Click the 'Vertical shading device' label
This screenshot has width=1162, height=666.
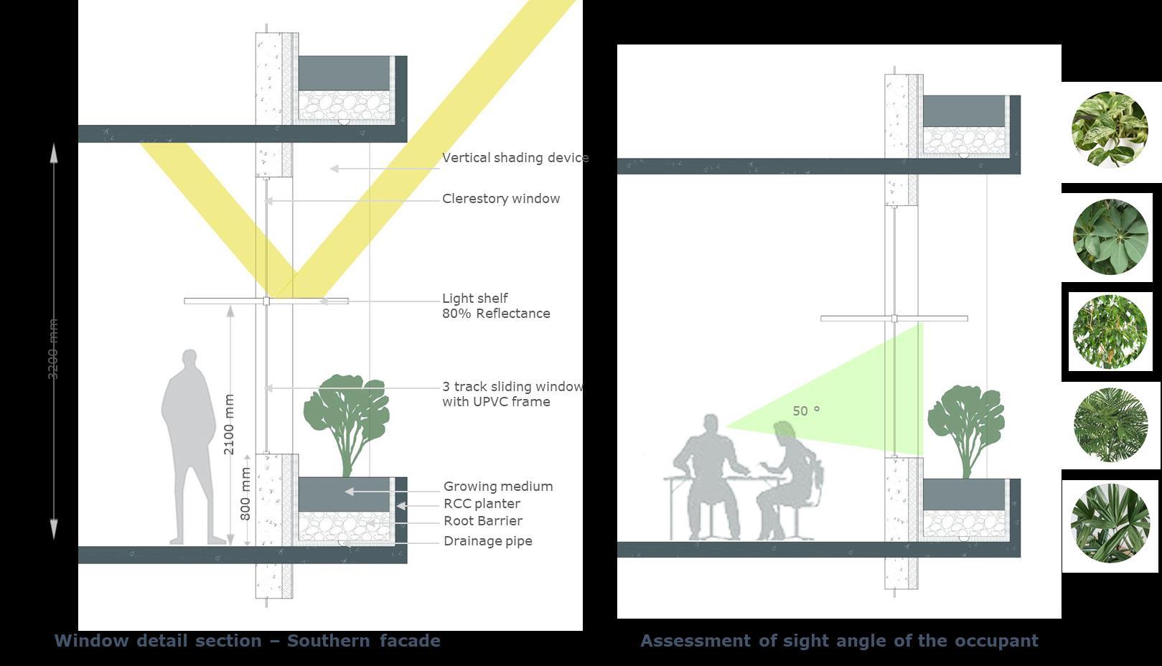point(515,158)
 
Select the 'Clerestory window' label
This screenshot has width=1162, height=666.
point(500,199)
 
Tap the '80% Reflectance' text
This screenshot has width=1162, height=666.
point(496,314)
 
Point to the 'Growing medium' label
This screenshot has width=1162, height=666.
point(497,487)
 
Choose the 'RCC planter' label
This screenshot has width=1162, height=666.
point(482,504)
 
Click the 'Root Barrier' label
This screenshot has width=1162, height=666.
point(482,521)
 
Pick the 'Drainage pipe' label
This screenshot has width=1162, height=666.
point(487,541)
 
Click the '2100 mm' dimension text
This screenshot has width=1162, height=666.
point(229,424)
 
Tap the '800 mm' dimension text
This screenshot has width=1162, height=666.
point(245,494)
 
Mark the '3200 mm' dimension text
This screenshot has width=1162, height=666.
point(52,350)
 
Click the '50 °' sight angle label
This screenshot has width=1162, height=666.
point(806,411)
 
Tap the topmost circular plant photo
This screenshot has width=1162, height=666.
point(1110,130)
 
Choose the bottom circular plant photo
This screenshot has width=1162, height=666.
point(1110,523)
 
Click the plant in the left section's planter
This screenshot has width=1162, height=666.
point(347,420)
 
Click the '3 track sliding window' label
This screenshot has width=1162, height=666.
point(512,387)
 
